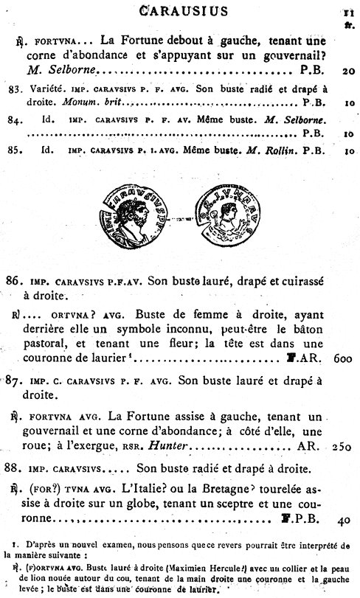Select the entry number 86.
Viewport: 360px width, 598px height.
pos(13,281)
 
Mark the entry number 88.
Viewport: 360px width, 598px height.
pos(13,468)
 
